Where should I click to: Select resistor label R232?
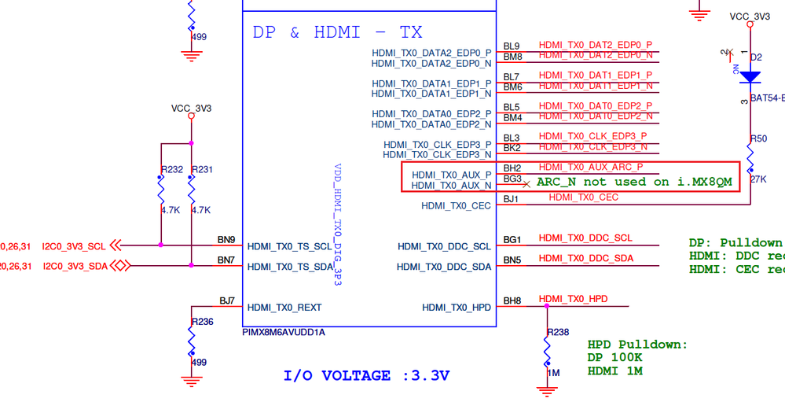click(x=171, y=170)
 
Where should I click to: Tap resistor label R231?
click(x=203, y=170)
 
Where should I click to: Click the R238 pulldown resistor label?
click(x=557, y=332)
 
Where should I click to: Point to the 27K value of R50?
click(x=759, y=179)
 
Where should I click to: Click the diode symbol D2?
click(x=750, y=77)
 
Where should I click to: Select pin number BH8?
click(x=512, y=301)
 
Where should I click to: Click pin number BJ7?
click(x=227, y=301)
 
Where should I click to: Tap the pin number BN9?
click(x=226, y=239)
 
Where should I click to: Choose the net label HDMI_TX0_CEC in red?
click(x=583, y=197)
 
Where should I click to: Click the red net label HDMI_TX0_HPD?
click(x=573, y=300)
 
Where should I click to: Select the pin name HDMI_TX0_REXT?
click(x=284, y=308)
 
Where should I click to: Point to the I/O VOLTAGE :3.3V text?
click(x=366, y=375)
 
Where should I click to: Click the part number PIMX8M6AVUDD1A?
click(x=284, y=332)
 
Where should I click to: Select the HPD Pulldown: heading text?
click(x=637, y=345)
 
